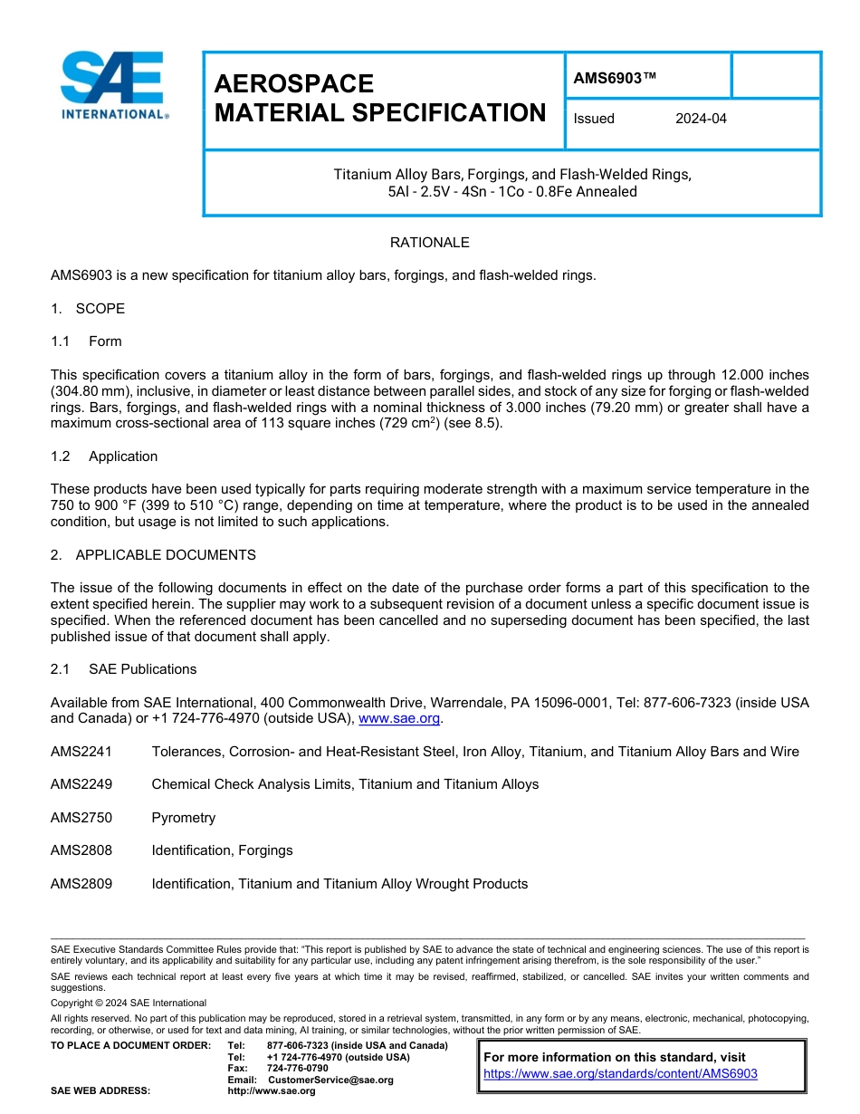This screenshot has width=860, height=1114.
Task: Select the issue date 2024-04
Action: pos(701,119)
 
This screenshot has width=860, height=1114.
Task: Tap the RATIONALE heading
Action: pos(429,243)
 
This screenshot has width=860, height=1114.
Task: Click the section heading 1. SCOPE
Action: pos(88,309)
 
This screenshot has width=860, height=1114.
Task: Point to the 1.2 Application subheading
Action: pos(104,456)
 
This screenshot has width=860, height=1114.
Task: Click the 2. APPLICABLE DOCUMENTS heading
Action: pos(153,555)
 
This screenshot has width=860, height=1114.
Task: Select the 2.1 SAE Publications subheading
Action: pos(123,669)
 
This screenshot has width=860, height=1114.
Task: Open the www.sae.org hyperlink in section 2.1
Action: pos(399,719)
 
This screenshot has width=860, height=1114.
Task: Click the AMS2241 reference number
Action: pos(81,752)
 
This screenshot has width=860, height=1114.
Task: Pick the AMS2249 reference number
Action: pos(81,784)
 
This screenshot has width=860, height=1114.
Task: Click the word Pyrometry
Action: pos(184,818)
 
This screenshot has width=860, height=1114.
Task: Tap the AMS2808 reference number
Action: pos(81,850)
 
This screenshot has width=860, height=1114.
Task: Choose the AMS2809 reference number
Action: pos(81,884)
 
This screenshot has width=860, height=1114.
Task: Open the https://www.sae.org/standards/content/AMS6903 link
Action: pos(620,1074)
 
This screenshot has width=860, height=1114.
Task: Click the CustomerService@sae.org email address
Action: pos(330,1080)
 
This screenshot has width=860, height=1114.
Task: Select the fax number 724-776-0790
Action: pos(298,1068)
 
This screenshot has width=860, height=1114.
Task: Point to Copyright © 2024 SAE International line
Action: pos(129,1003)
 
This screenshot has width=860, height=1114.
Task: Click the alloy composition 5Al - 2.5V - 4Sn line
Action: pos(511,192)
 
